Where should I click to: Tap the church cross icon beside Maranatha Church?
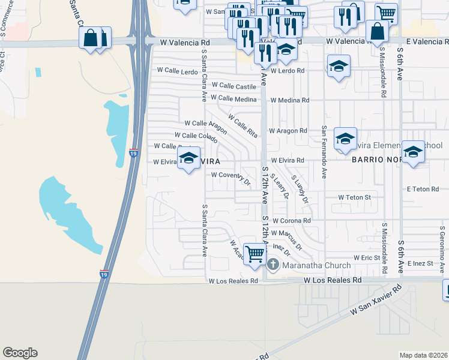coord(273,265)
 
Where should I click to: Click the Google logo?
coord(20,353)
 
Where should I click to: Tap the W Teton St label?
coord(354,197)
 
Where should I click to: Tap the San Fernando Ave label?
coord(324,152)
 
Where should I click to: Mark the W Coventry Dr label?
coord(231,176)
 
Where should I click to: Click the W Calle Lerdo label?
coord(177,71)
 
